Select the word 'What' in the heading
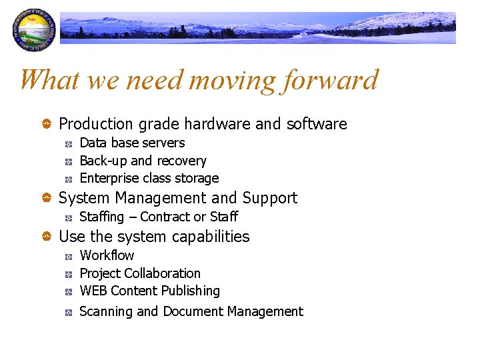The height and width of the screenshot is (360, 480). tap(49, 81)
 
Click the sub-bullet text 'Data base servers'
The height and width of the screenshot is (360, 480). tap(132, 143)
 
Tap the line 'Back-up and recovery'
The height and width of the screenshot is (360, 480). tap(143, 161)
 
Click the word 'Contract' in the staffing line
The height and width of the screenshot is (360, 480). tap(165, 217)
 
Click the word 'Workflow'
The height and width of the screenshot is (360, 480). tap(107, 255)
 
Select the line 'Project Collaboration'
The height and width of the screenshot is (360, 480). tap(140, 273)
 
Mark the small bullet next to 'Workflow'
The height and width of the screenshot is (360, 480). tap(69, 256)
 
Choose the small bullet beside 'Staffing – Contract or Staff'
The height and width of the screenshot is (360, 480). tap(69, 217)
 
